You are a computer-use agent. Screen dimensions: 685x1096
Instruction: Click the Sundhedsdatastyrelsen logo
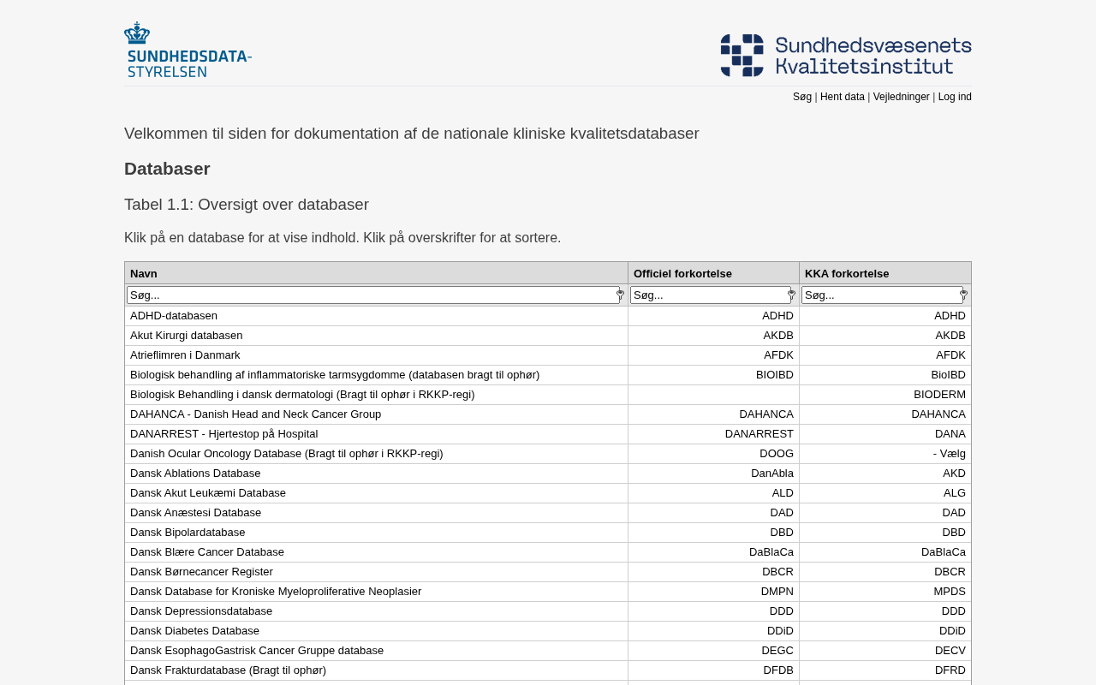click(188, 50)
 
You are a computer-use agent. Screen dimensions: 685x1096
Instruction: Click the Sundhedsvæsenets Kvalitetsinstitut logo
click(846, 56)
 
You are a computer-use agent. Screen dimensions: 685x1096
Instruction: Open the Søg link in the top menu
click(802, 97)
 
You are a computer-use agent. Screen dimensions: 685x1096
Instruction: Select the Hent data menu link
click(843, 97)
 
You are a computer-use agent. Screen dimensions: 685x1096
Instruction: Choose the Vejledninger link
click(901, 97)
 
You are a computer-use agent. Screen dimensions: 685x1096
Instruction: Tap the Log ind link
click(955, 97)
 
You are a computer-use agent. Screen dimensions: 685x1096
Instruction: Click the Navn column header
click(144, 273)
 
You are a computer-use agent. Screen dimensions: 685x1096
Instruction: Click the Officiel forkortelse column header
click(682, 273)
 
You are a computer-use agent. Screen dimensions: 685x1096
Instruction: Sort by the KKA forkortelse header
click(847, 273)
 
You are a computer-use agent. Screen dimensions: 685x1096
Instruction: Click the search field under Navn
click(372, 295)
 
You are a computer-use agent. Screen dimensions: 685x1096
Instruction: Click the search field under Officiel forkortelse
click(710, 295)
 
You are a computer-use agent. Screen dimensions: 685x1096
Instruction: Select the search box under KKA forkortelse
click(881, 295)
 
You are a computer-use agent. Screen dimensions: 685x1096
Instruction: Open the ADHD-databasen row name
click(174, 316)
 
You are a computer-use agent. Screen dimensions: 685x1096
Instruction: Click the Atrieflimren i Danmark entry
click(185, 355)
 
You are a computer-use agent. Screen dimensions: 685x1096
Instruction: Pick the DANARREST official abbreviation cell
click(759, 434)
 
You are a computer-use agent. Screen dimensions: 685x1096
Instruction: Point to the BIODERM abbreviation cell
click(939, 395)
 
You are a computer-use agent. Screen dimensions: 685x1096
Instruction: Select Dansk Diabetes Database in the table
click(194, 631)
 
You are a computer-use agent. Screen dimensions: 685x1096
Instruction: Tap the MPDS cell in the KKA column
click(950, 592)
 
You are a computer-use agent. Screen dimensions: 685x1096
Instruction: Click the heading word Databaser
click(167, 169)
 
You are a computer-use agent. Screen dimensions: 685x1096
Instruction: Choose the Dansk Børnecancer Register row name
click(201, 572)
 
